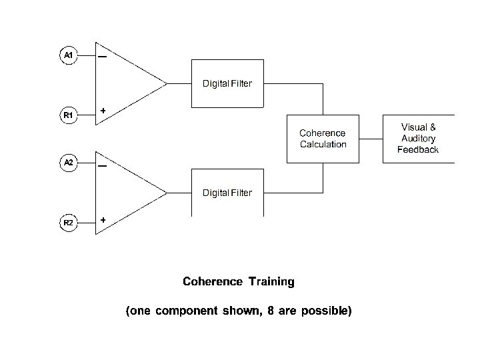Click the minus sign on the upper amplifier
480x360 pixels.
coord(102,57)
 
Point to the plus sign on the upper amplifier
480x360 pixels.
coord(103,111)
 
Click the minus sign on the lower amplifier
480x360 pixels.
coord(102,166)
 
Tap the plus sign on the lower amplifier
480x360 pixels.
coord(103,220)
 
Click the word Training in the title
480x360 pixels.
coord(271,281)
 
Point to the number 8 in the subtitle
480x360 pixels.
coord(270,311)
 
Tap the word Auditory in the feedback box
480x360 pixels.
coord(419,139)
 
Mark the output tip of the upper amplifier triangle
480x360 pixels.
coord(167,83)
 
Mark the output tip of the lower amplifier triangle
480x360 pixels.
coord(167,193)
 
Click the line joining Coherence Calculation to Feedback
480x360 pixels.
coord(371,139)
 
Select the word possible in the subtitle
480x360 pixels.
coord(326,311)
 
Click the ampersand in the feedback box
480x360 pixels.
coord(433,127)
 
